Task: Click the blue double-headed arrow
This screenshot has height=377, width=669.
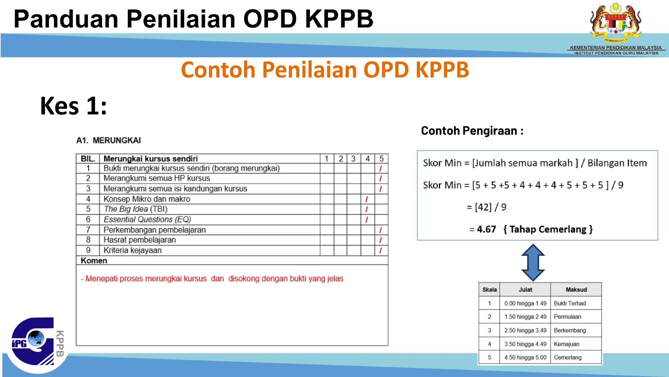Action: pos(533,262)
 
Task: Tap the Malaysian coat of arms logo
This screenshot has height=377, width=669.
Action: pos(615,23)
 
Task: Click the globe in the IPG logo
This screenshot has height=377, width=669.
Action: pos(36,338)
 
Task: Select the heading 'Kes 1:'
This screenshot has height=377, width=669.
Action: pos(73,106)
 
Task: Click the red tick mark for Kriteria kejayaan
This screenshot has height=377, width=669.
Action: pos(381,251)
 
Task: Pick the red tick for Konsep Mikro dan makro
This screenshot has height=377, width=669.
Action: pos(367,199)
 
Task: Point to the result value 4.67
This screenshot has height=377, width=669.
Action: pos(486,229)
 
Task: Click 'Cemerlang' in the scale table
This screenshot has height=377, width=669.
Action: pos(567,357)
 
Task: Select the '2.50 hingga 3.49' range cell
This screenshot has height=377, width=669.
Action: pos(525,331)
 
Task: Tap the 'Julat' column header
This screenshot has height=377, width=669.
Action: pos(525,290)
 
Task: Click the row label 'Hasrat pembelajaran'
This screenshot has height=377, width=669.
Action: pos(139,240)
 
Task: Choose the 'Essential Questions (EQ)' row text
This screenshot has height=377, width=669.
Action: pos(147,219)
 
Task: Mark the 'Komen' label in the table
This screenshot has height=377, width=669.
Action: pos(94,261)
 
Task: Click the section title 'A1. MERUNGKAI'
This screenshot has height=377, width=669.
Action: pos(108,140)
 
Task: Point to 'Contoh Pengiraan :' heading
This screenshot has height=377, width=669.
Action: pos(472,131)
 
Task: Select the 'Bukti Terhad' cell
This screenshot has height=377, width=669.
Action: pos(570,303)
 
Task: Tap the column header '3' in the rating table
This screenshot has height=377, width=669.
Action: pos(353,159)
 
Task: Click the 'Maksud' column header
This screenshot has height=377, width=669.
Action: pos(576,290)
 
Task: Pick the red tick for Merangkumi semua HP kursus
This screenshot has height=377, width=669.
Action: pos(381,179)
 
